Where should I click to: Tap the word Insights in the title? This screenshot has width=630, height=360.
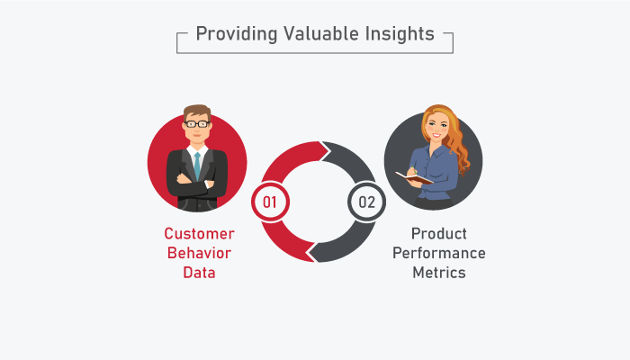pyautogui.click(x=400, y=34)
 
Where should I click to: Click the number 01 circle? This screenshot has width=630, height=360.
pyautogui.click(x=270, y=202)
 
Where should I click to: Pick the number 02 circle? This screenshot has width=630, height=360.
pyautogui.click(x=367, y=202)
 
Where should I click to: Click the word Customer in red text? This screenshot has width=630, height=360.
pyautogui.click(x=199, y=233)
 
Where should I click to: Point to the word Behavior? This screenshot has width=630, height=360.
pyautogui.click(x=199, y=253)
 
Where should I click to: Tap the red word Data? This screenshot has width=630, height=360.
pyautogui.click(x=199, y=273)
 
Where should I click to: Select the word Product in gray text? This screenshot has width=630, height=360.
pyautogui.click(x=439, y=233)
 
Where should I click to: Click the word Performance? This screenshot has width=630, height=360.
pyautogui.click(x=439, y=253)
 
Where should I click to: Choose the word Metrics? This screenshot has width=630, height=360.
pyautogui.click(x=439, y=273)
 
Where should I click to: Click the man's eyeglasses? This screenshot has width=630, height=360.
pyautogui.click(x=197, y=124)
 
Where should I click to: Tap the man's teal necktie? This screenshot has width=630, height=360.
pyautogui.click(x=197, y=165)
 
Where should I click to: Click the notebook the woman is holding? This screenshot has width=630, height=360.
pyautogui.click(x=414, y=178)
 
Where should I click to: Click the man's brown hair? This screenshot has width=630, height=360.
pyautogui.click(x=197, y=112)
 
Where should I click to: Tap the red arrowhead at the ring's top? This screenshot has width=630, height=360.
pyautogui.click(x=323, y=151)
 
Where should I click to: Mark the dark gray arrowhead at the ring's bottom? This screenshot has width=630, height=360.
pyautogui.click(x=313, y=252)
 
